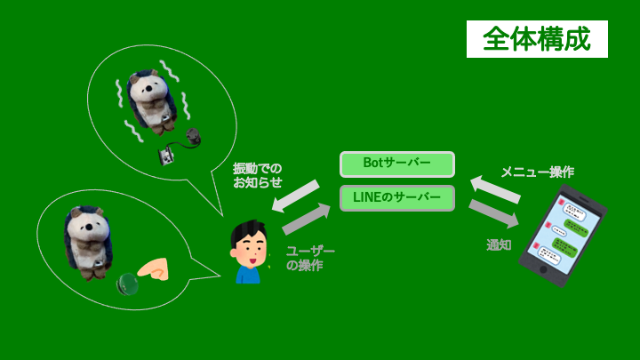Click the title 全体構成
point(537,39)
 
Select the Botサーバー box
point(396,164)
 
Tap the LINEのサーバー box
point(396,197)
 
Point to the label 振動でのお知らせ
point(258,175)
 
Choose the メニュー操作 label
point(537,172)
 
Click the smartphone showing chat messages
point(562,235)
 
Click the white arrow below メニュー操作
point(494,188)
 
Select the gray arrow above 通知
point(494,214)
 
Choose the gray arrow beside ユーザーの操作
point(306,220)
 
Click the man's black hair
point(248,234)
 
